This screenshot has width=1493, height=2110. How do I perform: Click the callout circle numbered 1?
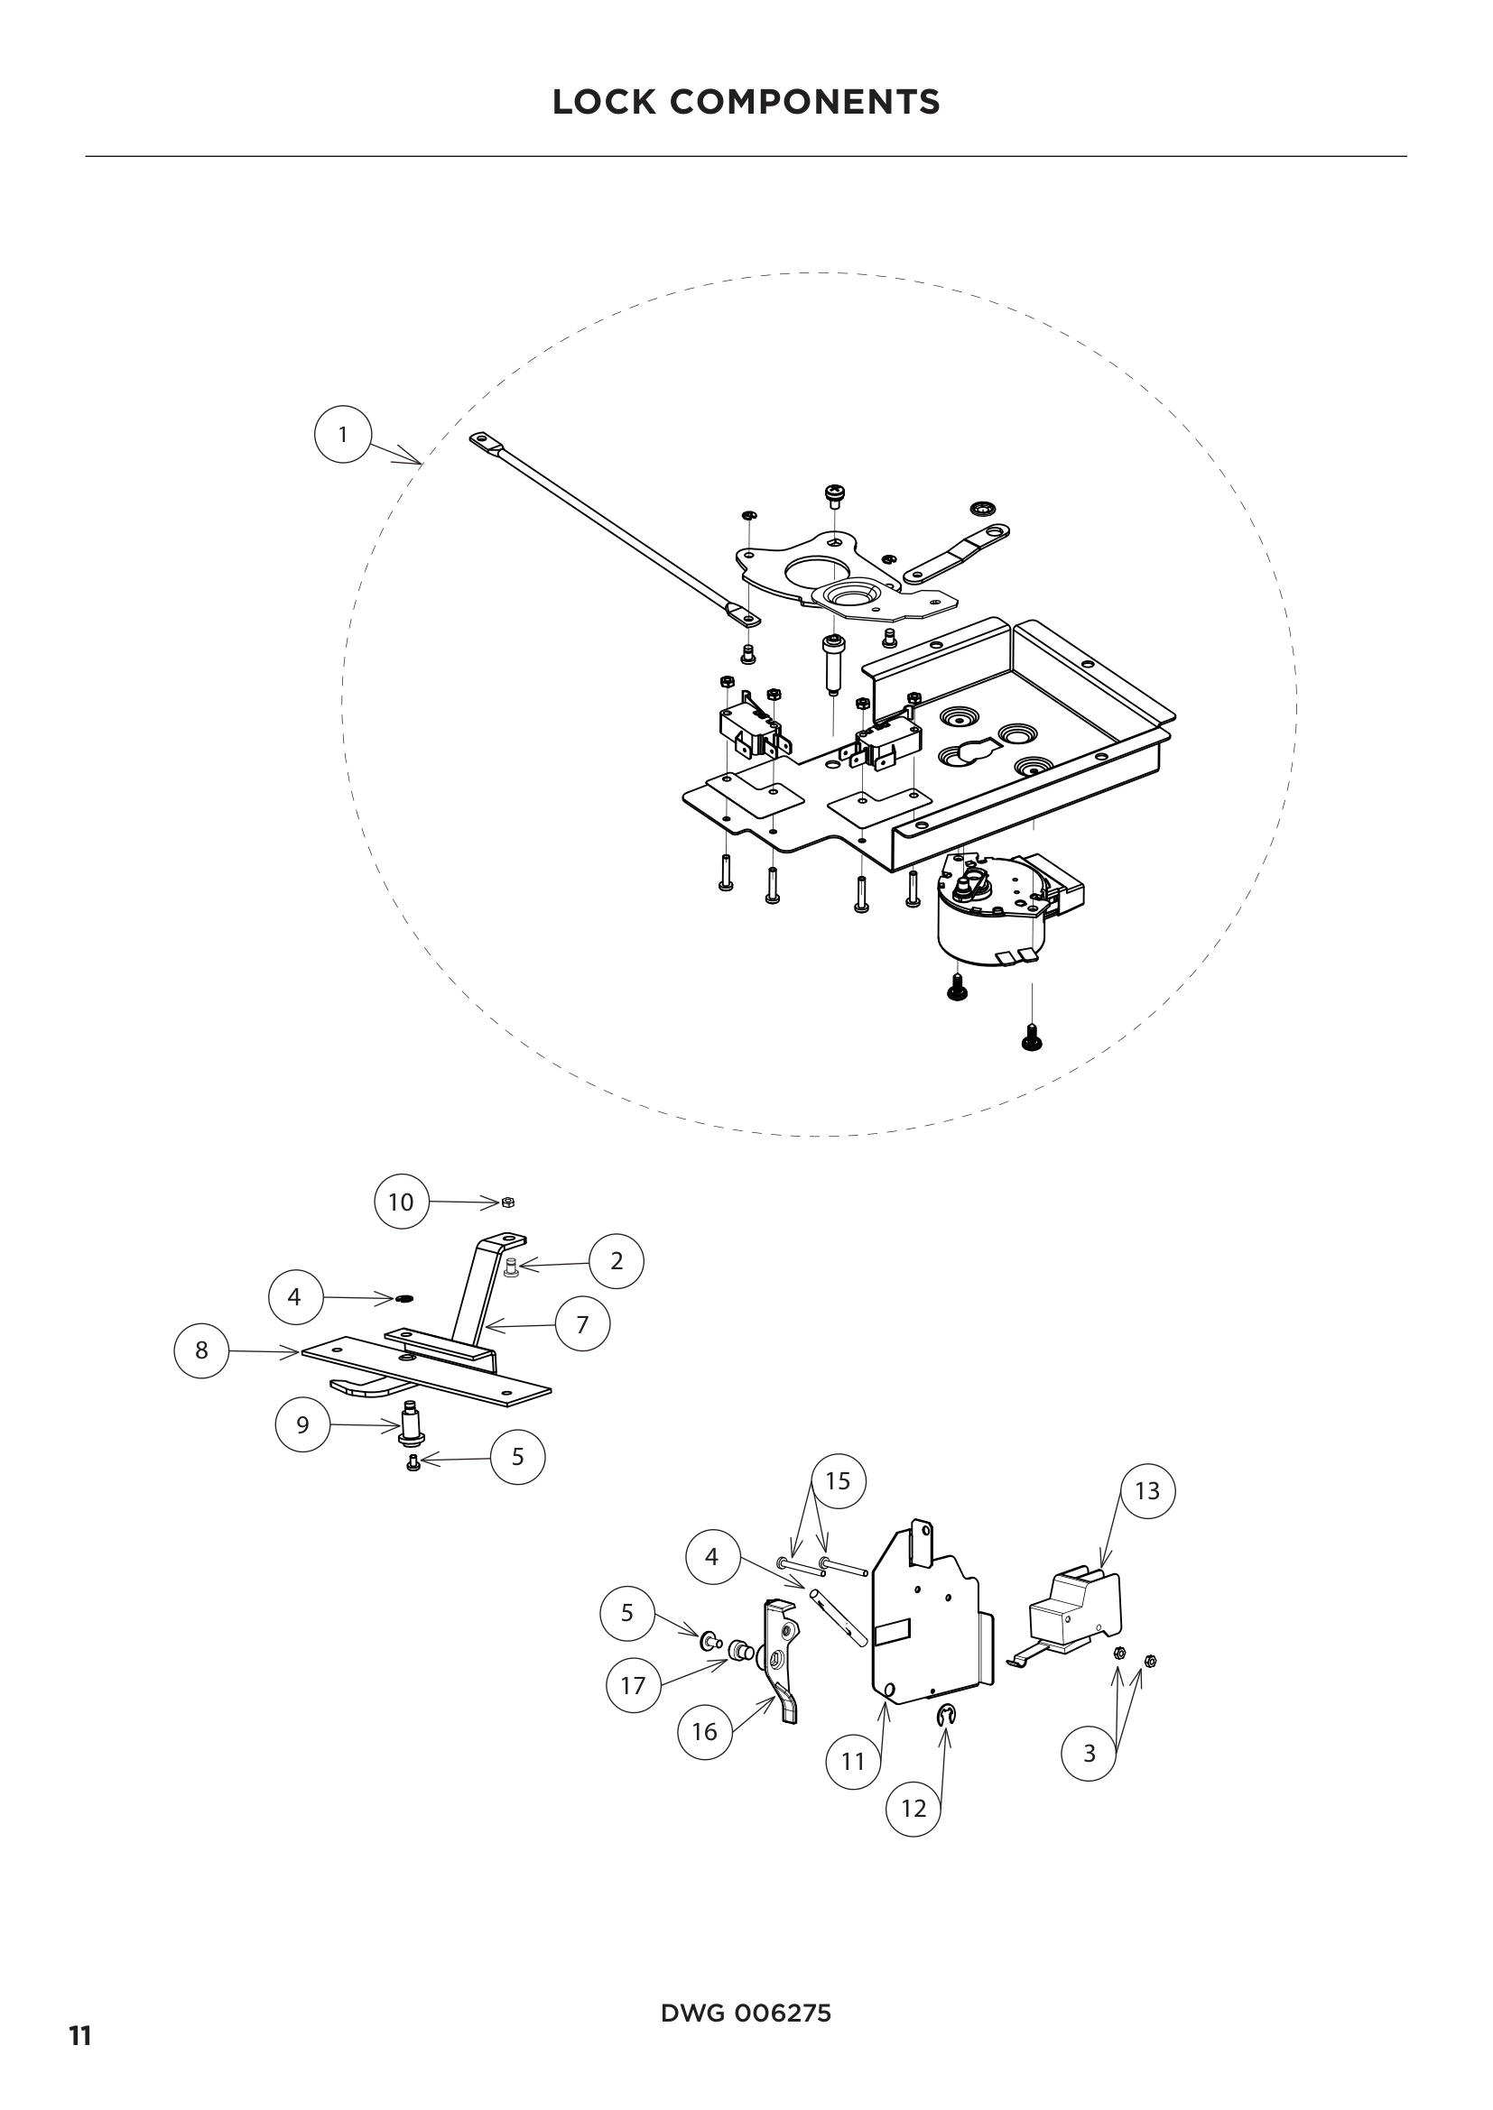point(343,436)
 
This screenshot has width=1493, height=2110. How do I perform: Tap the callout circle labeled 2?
point(617,1261)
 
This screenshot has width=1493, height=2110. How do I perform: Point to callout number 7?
point(582,1324)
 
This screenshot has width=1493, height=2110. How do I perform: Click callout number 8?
point(201,1350)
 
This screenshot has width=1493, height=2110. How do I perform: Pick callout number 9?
point(302,1424)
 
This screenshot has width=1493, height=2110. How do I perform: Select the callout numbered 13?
point(1147,1489)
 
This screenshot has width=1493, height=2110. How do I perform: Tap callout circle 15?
point(839,1480)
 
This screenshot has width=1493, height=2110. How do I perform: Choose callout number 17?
point(634,1685)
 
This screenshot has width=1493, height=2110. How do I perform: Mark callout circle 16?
point(704,1732)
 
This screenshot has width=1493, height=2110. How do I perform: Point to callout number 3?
point(1089,1754)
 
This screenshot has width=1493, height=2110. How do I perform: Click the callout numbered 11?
point(853,1761)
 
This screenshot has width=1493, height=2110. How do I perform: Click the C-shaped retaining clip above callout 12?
point(947,1711)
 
